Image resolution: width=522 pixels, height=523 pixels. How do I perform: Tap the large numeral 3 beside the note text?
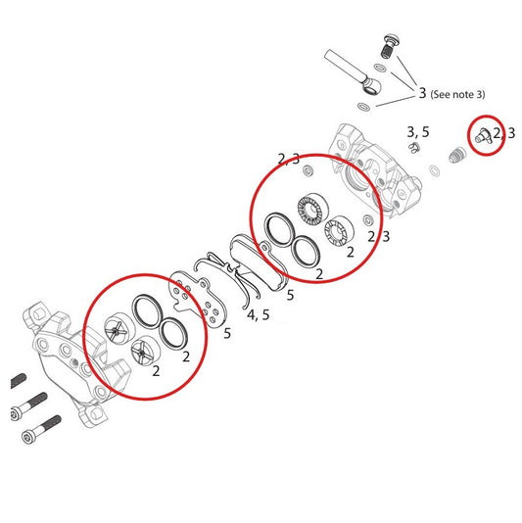pyautogui.click(x=423, y=94)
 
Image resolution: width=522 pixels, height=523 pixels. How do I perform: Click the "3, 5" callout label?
pyautogui.click(x=418, y=131)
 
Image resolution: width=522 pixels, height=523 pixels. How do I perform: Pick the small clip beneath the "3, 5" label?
pyautogui.click(x=414, y=148)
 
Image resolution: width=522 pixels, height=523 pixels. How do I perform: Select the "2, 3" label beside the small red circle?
pyautogui.click(x=503, y=132)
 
